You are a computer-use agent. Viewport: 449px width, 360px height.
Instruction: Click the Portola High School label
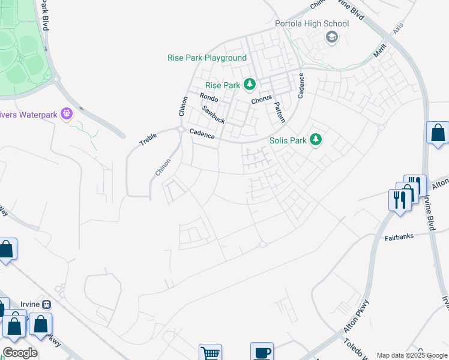pos(312,23)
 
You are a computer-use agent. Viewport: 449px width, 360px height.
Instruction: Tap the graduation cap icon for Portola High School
pos(331,38)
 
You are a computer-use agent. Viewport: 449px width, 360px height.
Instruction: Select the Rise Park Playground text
pos(206,58)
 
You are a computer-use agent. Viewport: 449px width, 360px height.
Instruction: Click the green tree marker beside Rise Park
pos(249,85)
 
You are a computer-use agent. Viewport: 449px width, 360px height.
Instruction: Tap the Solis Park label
pos(287,140)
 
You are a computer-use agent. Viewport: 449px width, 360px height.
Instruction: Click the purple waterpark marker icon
pos(67,113)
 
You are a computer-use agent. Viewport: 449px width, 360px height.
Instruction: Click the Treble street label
pos(148,139)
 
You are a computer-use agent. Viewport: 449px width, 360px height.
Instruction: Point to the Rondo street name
pos(209,97)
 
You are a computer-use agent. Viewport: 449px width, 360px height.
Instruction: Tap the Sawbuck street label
pos(213,115)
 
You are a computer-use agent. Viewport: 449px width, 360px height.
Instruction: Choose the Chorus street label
pos(262,99)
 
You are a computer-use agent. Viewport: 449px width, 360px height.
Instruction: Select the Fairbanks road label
pos(399,237)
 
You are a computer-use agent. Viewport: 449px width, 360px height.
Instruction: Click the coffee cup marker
pos(262,352)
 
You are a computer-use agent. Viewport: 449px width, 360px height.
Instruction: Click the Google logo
pos(20,353)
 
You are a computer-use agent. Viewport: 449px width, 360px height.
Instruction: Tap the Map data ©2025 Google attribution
pos(412,355)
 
